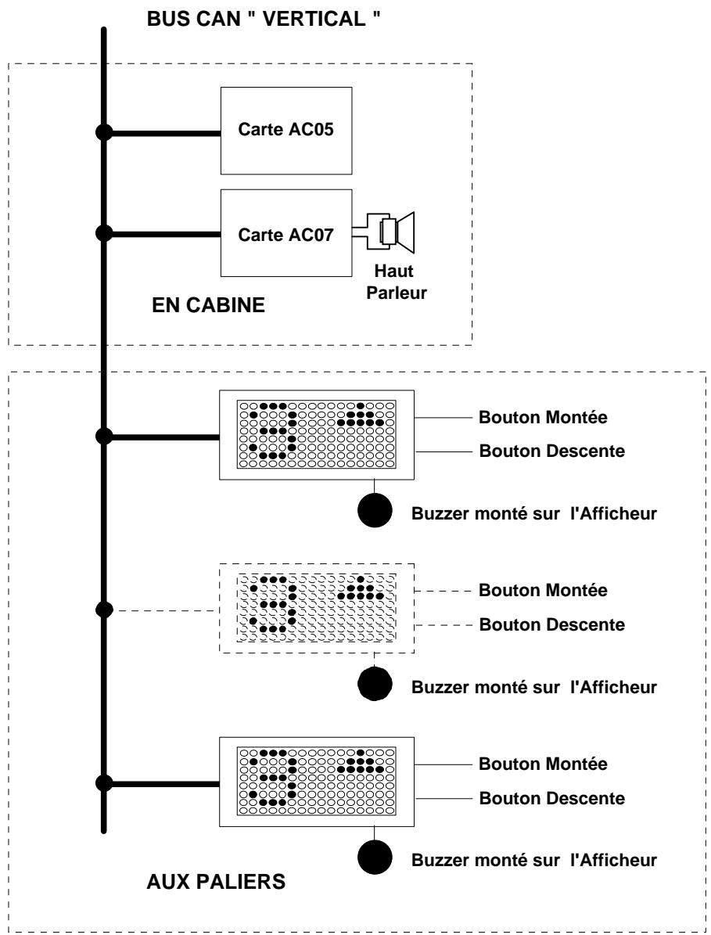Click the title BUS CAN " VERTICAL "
click(x=264, y=19)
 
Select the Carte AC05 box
click(x=286, y=131)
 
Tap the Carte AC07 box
click(x=286, y=233)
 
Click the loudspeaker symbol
click(x=391, y=232)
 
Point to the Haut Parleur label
click(x=397, y=282)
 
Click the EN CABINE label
click(x=209, y=304)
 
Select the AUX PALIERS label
click(x=216, y=881)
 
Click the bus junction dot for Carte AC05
click(x=104, y=132)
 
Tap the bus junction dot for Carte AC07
click(x=104, y=233)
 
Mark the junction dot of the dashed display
click(x=104, y=610)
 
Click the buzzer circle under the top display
click(x=375, y=510)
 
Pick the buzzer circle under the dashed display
click(x=375, y=683)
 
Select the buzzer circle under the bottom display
click(x=375, y=858)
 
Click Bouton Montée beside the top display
click(x=543, y=417)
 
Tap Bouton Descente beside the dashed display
click(x=552, y=624)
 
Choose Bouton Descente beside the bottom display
click(x=552, y=798)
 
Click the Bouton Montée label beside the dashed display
click(x=543, y=590)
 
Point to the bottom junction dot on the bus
click(x=104, y=783)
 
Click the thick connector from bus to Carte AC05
click(x=162, y=133)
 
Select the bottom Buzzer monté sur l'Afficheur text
click(x=534, y=860)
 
